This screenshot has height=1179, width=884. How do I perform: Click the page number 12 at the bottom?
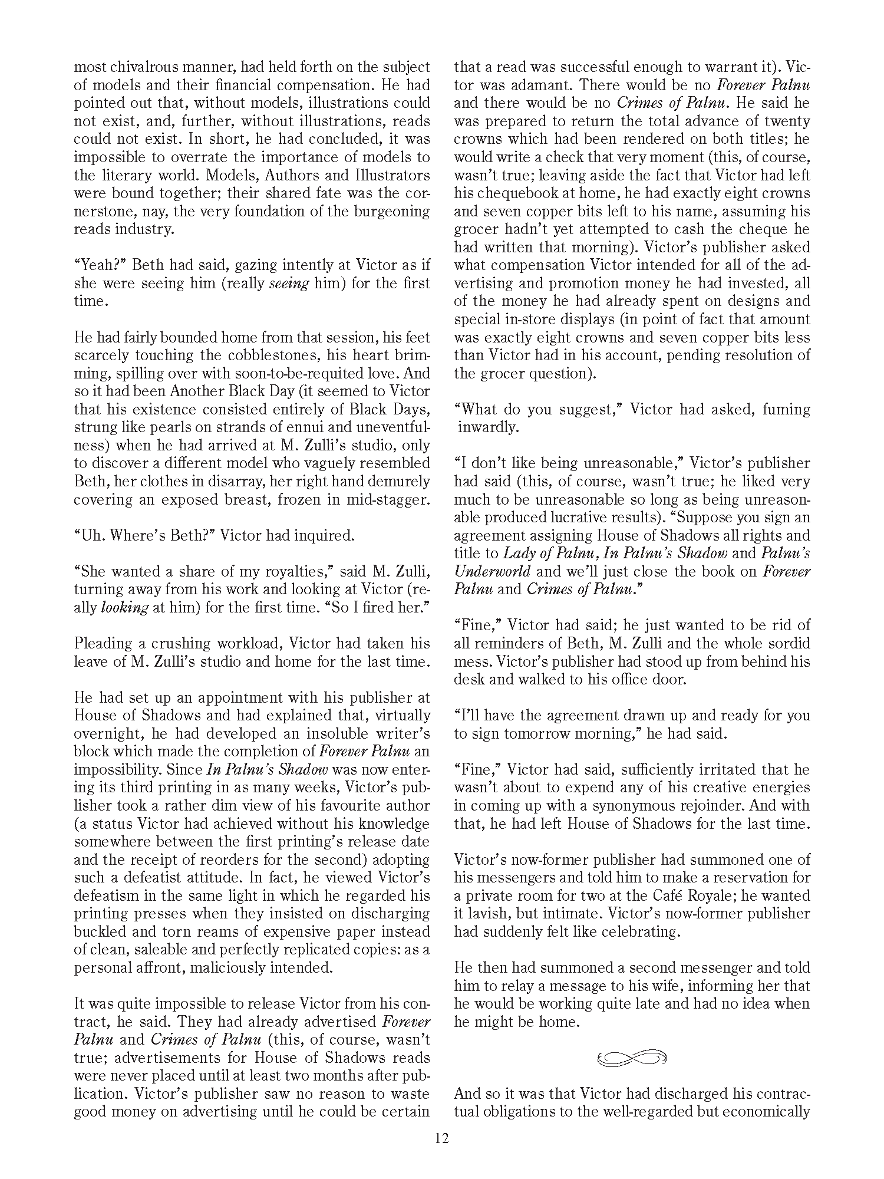(442, 1137)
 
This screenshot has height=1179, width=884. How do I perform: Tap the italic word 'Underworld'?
(492, 571)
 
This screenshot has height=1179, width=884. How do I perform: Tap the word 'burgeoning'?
(388, 211)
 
